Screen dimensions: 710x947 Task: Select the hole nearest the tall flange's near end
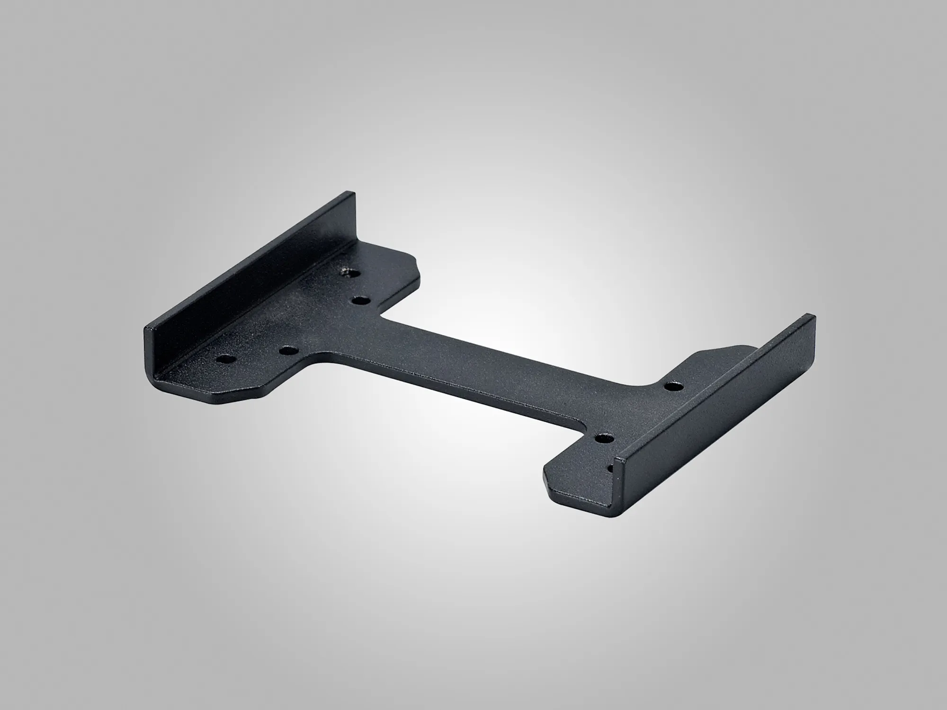224,358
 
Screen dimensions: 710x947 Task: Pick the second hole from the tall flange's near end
288,351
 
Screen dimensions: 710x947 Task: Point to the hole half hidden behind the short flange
611,469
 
